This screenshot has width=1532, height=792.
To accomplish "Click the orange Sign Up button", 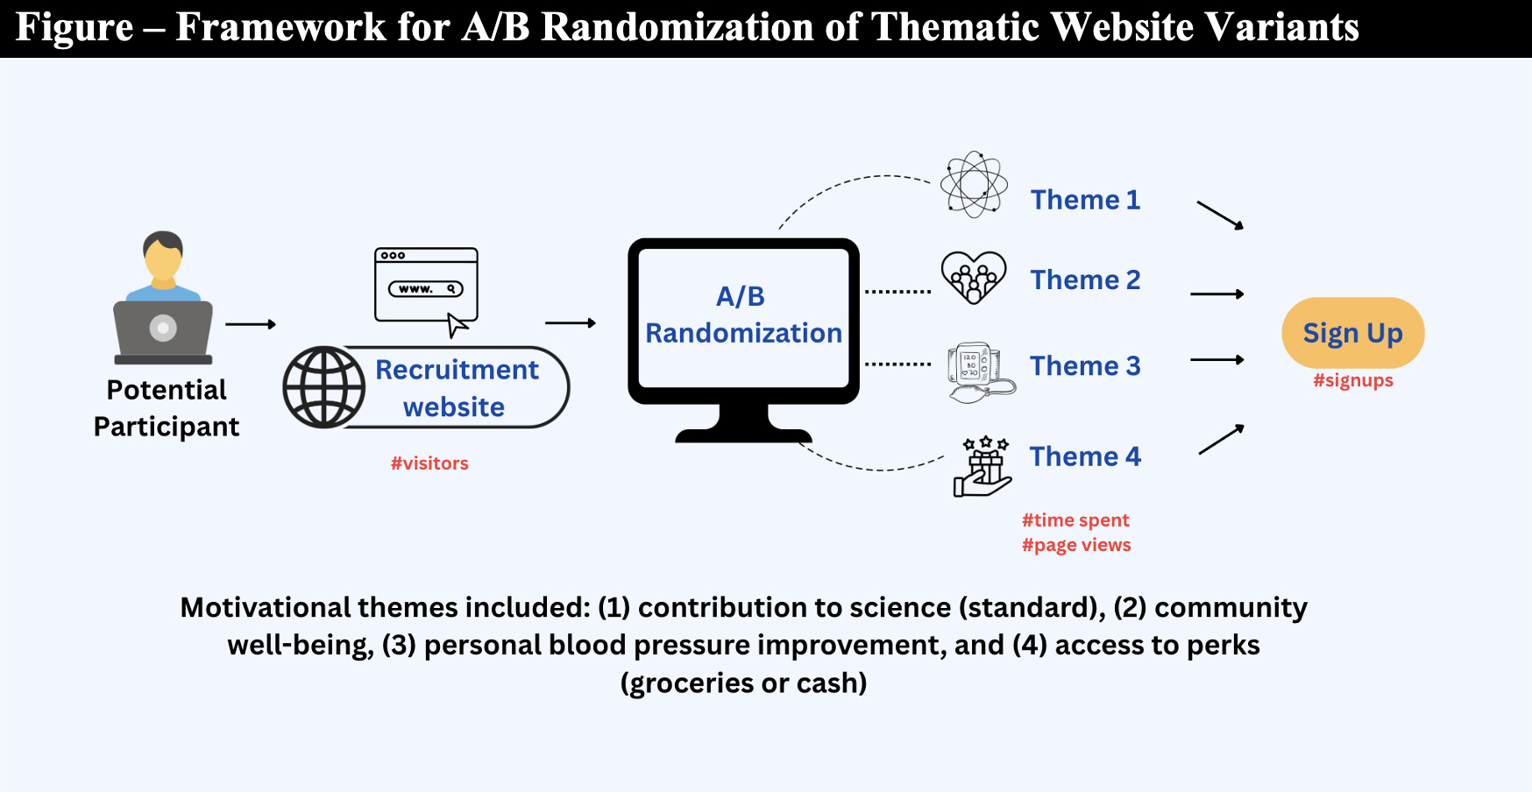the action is pyautogui.click(x=1352, y=333).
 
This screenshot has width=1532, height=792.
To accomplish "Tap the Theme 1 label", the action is pyautogui.click(x=1085, y=200).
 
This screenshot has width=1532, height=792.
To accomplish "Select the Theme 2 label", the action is pyautogui.click(x=1085, y=279).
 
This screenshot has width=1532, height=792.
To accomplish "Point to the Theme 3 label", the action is pyautogui.click(x=1085, y=365).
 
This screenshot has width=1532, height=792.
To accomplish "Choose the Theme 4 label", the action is pyautogui.click(x=1085, y=456).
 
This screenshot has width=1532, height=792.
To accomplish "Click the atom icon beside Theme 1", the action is pyautogui.click(x=974, y=184).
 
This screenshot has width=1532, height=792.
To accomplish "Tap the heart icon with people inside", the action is pyautogui.click(x=974, y=277).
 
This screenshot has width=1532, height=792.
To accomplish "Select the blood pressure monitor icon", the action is pyautogui.click(x=981, y=372).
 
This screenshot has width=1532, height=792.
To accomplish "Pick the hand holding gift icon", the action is pyautogui.click(x=982, y=466).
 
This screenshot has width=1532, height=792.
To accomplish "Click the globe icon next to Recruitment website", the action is pyautogui.click(x=324, y=387).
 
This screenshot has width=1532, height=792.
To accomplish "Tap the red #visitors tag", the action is pyautogui.click(x=429, y=463).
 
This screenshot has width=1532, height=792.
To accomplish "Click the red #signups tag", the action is pyautogui.click(x=1353, y=380).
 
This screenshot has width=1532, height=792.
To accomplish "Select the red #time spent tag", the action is pyautogui.click(x=1075, y=520).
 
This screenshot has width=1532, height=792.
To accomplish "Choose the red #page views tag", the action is pyautogui.click(x=1076, y=545).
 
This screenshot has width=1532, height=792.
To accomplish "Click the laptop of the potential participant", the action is pyautogui.click(x=163, y=331).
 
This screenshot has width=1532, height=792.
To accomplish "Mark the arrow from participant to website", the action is pyautogui.click(x=251, y=324).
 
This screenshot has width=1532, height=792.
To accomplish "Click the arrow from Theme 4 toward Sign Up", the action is pyautogui.click(x=1222, y=439).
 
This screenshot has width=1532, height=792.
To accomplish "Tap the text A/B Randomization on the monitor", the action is pyautogui.click(x=743, y=315).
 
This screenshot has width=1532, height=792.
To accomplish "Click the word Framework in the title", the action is pyautogui.click(x=280, y=27).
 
